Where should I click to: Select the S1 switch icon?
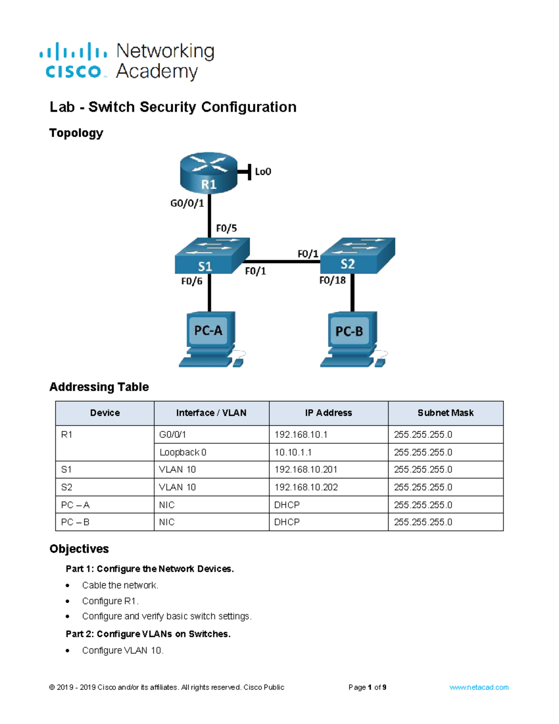pyautogui.click(x=212, y=256)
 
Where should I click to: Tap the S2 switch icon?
pyautogui.click(x=357, y=255)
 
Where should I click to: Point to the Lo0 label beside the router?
pyautogui.click(x=263, y=172)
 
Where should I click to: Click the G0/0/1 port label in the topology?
pyautogui.click(x=187, y=203)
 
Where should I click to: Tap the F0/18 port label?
pyautogui.click(x=332, y=280)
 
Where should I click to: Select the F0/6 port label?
pyautogui.click(x=191, y=281)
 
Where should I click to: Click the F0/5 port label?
pyautogui.click(x=226, y=228)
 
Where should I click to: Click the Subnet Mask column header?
pyautogui.click(x=445, y=413)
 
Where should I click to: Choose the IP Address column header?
pyautogui.click(x=328, y=413)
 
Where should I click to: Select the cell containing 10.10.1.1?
pyautogui.click(x=293, y=452)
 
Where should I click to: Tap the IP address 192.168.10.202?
pyautogui.click(x=306, y=487)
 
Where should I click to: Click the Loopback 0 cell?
pyautogui.click(x=183, y=452)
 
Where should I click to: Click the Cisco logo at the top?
pyautogui.click(x=73, y=61)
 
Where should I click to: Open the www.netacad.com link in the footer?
pyautogui.click(x=478, y=687)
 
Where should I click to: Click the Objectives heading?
pyautogui.click(x=79, y=549)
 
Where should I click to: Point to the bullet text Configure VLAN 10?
pyautogui.click(x=123, y=650)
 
